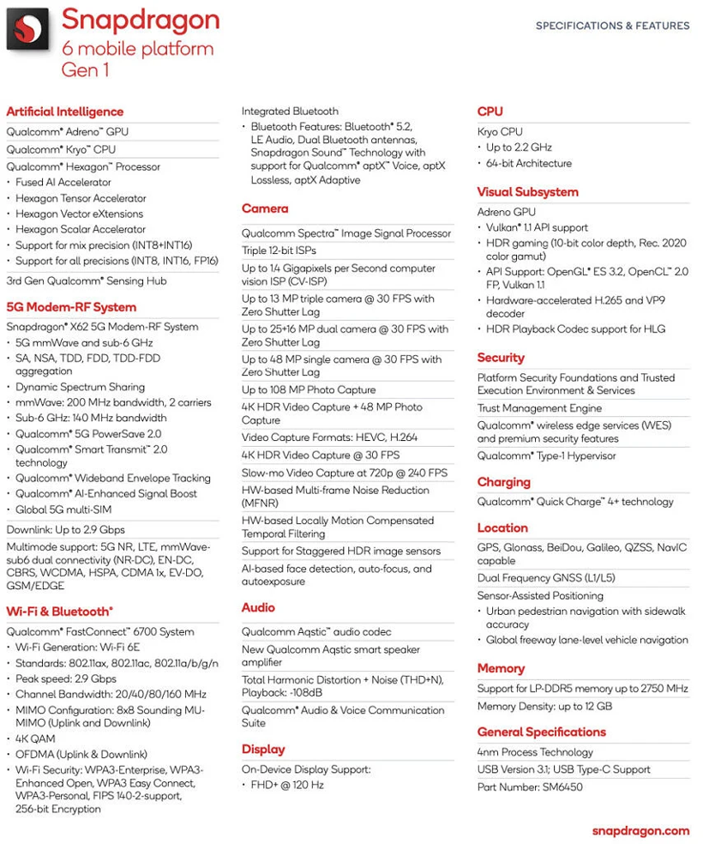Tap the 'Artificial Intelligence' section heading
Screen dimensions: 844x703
[x=64, y=112]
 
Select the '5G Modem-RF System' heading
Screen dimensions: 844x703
[x=71, y=307]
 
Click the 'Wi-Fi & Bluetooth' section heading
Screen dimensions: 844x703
[x=59, y=611]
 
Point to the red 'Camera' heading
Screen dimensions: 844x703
[x=265, y=208]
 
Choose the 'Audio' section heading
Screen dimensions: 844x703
[x=258, y=607]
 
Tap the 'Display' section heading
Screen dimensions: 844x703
[x=263, y=749]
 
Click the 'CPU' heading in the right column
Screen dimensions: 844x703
[x=490, y=112]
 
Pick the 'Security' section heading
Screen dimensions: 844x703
[x=501, y=358]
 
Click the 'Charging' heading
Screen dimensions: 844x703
[x=504, y=482]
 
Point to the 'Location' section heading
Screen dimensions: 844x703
[x=502, y=527]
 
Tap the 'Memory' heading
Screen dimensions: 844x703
[x=501, y=668]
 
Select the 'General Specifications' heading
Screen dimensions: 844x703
[x=541, y=732]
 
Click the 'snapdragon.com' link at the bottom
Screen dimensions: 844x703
[x=640, y=830]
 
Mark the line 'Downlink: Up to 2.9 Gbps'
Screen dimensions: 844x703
[x=65, y=529]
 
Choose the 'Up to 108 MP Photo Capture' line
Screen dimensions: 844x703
[x=309, y=389]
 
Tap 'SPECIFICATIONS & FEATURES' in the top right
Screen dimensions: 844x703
[x=612, y=26]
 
